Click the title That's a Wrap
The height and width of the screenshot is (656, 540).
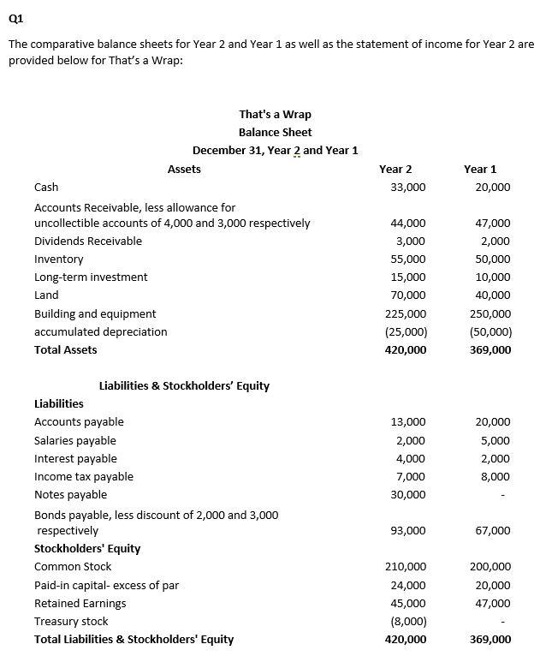click(275, 114)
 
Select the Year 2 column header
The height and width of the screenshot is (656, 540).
click(395, 169)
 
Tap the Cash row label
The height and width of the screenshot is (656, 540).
click(46, 187)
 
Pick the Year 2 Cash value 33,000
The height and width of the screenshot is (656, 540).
click(407, 187)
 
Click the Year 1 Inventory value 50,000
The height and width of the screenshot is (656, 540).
click(492, 259)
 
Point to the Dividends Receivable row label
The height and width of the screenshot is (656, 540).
click(88, 241)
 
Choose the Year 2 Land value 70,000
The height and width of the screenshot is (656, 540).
click(407, 295)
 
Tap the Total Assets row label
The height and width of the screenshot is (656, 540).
click(66, 349)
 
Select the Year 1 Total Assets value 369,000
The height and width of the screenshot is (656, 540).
click(490, 349)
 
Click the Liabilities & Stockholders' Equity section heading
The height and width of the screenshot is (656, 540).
click(184, 385)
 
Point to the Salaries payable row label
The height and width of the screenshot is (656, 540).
click(75, 440)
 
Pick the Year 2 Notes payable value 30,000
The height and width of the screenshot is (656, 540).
click(407, 494)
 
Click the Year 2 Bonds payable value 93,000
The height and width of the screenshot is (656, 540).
click(407, 530)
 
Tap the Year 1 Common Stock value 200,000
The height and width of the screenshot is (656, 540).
click(490, 566)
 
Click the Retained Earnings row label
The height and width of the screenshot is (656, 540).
click(80, 603)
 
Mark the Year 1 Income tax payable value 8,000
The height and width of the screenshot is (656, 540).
click(495, 476)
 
